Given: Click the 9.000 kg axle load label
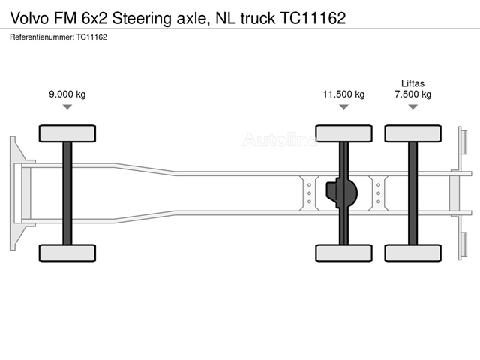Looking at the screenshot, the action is (67, 94).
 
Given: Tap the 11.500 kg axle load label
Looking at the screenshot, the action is (343, 94).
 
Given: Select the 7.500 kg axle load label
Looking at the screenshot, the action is (413, 94).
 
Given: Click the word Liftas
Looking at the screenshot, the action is (413, 83).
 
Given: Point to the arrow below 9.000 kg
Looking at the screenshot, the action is (67, 106).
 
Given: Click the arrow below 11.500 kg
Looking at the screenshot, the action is (343, 106).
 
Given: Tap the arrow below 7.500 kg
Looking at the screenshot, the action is (413, 106).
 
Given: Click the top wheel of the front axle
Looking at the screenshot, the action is (67, 133).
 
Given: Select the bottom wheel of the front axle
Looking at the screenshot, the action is (67, 253).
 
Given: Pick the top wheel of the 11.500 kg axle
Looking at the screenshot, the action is (343, 133).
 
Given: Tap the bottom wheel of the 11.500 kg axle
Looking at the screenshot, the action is (343, 253).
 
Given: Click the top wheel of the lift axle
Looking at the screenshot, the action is (413, 133).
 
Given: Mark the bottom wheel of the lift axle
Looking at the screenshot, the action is (413, 253).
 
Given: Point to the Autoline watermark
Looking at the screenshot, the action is (280, 139).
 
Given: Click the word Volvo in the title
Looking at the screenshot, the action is (30, 18).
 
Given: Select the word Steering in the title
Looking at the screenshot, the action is (142, 19).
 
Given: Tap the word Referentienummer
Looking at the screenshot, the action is (42, 37).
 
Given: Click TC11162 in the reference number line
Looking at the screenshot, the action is (91, 37).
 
